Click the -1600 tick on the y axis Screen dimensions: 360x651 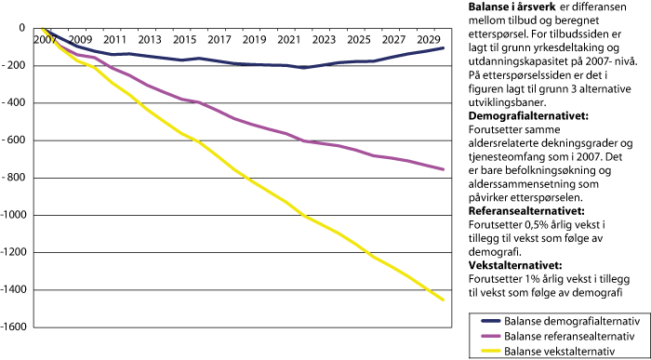click(x=16, y=327)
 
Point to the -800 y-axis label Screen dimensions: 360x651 click(x=19, y=178)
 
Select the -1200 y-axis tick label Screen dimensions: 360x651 click(x=16, y=253)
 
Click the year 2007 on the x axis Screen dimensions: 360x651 click(x=44, y=41)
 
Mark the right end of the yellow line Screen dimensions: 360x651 click(x=444, y=300)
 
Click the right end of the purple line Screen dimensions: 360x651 click(x=444, y=169)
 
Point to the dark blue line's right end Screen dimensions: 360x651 click(x=444, y=47)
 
